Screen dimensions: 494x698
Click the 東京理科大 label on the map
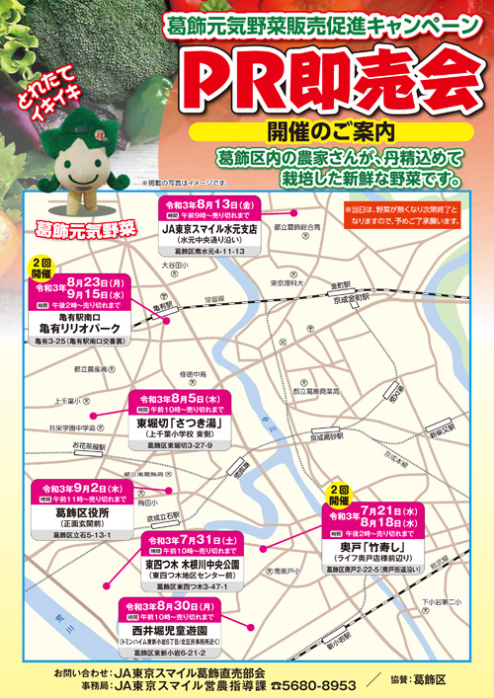coord(290,283)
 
